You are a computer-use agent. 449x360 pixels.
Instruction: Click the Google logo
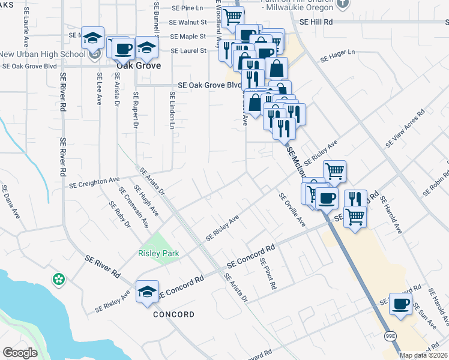pyautogui.click(x=20, y=353)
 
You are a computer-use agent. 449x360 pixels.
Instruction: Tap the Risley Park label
pyautogui.click(x=158, y=253)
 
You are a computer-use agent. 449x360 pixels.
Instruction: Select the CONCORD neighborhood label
pyautogui.click(x=173, y=314)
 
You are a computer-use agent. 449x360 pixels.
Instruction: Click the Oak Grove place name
pyautogui.click(x=139, y=65)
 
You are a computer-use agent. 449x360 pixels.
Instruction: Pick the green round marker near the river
pyautogui.click(x=59, y=279)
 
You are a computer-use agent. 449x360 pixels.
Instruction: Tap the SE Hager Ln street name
pyautogui.click(x=338, y=56)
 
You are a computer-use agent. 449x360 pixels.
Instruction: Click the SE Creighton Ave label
pyautogui.click(x=95, y=181)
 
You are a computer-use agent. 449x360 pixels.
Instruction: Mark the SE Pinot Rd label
pyautogui.click(x=268, y=274)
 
